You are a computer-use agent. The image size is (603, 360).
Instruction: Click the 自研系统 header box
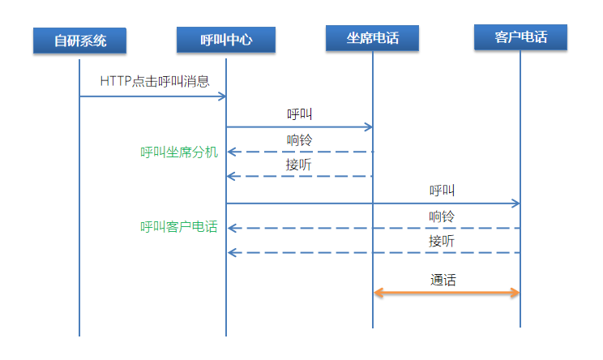point(80,40)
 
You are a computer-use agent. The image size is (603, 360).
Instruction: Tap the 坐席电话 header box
point(373,37)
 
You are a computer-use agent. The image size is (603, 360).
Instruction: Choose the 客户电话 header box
point(520,37)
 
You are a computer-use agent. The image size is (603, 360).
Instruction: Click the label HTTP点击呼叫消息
point(155,81)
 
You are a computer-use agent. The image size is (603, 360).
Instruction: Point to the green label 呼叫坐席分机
point(179,152)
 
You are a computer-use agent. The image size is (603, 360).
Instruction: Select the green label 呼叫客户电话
point(179,228)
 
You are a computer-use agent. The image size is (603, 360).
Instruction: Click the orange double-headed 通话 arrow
point(447,293)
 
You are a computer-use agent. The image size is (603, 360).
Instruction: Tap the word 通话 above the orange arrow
point(443,280)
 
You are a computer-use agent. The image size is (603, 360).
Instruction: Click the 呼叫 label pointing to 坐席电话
point(299,114)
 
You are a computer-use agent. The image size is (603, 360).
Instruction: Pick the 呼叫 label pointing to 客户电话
point(442,191)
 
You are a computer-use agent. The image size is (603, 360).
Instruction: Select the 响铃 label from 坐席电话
point(299,139)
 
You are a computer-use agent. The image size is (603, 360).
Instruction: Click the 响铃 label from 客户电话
point(442,216)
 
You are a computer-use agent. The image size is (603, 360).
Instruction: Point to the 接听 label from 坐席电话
point(299,165)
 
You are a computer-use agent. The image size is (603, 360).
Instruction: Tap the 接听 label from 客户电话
point(442,241)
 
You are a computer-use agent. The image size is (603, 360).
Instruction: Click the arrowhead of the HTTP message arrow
point(221,96)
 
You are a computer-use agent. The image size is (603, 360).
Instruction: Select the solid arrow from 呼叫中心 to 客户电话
point(373,204)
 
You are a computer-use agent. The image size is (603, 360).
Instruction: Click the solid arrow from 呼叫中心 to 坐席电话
point(299,126)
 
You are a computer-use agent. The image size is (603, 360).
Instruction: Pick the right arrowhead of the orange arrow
point(514,293)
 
